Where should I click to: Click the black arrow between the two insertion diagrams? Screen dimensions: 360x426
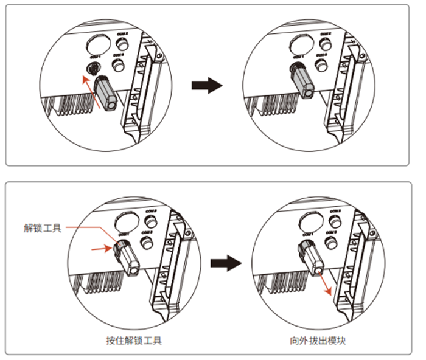coord(207,86)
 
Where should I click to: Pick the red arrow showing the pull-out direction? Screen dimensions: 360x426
coord(325,282)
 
